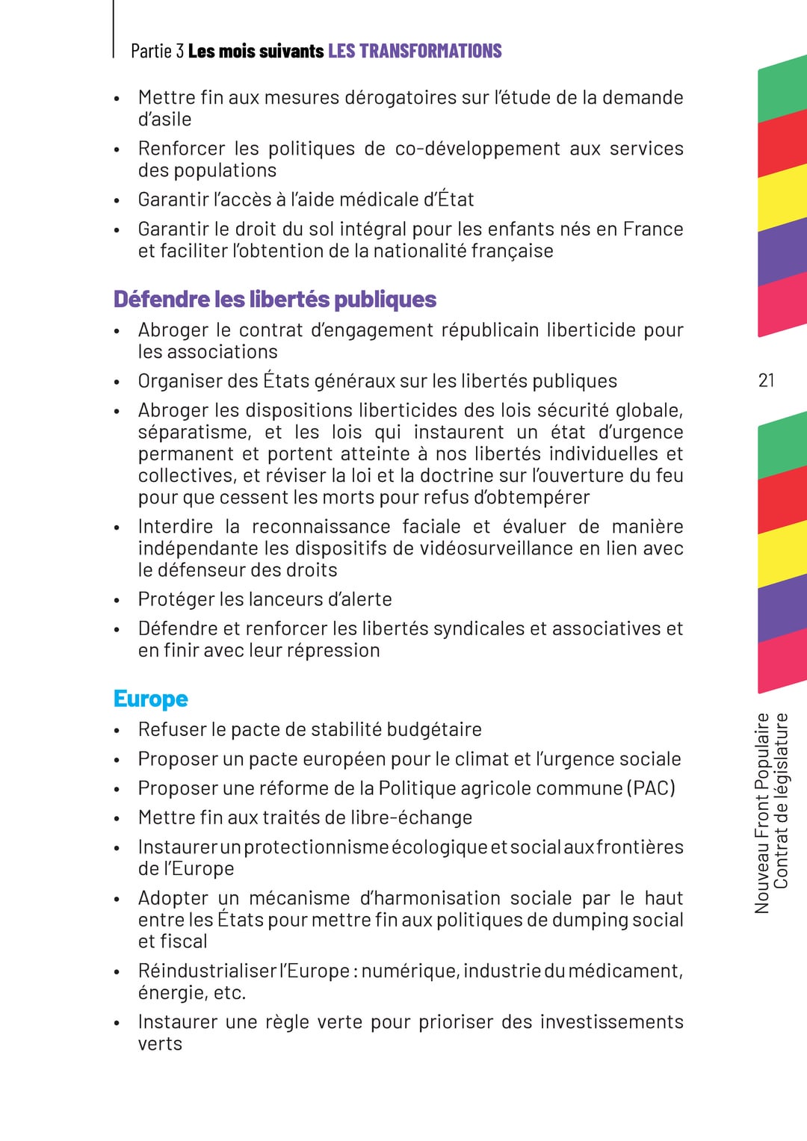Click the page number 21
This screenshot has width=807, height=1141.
[766, 380]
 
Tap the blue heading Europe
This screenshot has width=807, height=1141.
[150, 699]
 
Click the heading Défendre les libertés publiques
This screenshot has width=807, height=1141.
[274, 299]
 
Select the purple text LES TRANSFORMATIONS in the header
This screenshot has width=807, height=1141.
[415, 51]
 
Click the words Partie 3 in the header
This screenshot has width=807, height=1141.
[157, 51]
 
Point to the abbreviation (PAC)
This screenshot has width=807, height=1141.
[651, 788]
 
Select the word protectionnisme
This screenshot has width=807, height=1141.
[316, 847]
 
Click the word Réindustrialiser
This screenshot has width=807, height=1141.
[207, 971]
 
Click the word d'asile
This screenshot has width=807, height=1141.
[164, 120]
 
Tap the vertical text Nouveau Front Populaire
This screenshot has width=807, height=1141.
[762, 813]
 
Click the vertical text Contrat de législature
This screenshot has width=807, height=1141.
[781, 800]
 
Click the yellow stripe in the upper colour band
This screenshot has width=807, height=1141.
[782, 198]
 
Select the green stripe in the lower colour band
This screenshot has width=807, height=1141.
[782, 446]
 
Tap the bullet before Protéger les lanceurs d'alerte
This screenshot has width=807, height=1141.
[117, 601]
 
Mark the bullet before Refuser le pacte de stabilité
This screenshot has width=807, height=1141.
[117, 731]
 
